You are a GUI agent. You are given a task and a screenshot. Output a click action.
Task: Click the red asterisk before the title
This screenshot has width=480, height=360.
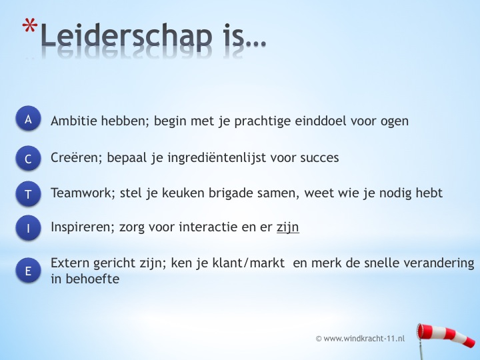[x=30, y=25]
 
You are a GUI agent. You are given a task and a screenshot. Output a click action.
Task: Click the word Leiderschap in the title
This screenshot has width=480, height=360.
[x=126, y=36]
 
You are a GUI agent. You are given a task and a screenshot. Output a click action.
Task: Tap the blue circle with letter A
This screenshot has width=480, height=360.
[x=28, y=119]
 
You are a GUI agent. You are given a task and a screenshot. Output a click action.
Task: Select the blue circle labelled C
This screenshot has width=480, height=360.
[x=28, y=158]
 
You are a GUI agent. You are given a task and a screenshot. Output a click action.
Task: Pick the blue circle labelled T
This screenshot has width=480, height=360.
[x=28, y=194]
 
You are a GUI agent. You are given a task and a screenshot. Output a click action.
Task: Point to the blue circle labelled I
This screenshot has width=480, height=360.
[x=28, y=228]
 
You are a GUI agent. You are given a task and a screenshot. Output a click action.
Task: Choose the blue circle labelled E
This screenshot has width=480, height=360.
[x=28, y=270]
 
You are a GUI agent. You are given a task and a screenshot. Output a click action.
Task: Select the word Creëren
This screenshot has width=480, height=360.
[x=77, y=157]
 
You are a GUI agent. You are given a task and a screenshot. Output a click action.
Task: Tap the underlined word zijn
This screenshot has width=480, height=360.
[x=288, y=227]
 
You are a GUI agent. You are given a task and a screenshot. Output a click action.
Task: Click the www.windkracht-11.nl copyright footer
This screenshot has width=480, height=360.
[x=360, y=339]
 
